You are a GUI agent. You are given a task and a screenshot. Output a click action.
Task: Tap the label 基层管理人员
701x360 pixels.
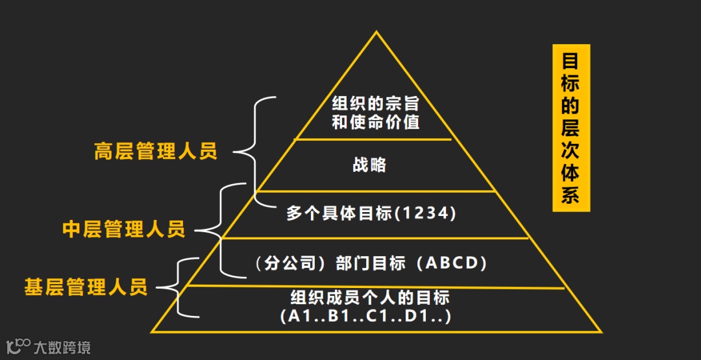[x=86, y=287]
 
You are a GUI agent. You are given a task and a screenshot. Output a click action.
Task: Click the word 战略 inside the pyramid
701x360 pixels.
[x=369, y=165]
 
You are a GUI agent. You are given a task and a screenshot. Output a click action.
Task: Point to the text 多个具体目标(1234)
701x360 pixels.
[x=371, y=213]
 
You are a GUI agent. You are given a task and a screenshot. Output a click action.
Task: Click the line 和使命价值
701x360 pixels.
[x=376, y=122]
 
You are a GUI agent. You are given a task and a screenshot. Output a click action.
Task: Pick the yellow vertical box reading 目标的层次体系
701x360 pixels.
[x=571, y=128]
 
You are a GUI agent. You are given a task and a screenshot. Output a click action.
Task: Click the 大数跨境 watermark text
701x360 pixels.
[x=62, y=347]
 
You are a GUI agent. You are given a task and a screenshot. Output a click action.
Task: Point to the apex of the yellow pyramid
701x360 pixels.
[x=376, y=32]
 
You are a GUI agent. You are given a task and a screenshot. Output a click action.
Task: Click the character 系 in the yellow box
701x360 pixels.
[x=571, y=195]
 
